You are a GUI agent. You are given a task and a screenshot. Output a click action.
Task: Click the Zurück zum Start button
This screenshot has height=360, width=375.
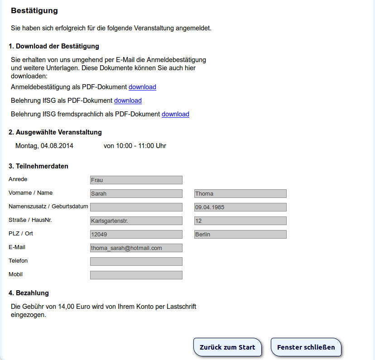227,347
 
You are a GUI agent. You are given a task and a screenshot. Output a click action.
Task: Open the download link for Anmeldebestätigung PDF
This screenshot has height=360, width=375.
142,87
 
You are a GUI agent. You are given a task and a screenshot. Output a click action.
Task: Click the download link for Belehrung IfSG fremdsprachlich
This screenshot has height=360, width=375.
175,114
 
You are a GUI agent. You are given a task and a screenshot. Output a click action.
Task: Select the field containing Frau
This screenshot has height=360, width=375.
136,180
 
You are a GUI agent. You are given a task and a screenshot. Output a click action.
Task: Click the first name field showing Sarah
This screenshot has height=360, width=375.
136,193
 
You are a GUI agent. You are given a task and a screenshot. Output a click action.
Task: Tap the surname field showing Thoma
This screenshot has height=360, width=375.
240,193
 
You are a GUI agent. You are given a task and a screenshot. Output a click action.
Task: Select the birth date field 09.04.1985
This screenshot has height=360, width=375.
240,207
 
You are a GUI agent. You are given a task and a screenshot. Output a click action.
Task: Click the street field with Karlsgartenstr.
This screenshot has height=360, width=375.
136,221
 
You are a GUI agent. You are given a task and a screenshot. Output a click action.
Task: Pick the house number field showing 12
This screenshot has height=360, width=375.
240,221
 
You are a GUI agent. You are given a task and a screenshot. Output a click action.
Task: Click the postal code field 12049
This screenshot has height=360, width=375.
136,234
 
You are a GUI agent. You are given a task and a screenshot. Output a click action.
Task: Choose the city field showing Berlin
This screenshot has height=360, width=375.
240,234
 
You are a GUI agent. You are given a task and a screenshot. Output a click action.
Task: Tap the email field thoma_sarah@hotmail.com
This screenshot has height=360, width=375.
136,248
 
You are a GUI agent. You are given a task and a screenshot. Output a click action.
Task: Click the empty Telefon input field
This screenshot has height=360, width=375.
136,261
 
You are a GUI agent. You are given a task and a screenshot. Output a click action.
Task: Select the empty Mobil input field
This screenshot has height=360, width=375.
136,275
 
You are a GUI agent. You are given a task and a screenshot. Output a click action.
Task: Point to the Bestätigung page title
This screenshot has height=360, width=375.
34,10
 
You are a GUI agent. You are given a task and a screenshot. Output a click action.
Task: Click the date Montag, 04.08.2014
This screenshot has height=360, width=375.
44,146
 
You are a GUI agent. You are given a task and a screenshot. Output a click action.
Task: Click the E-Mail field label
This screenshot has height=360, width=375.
17,247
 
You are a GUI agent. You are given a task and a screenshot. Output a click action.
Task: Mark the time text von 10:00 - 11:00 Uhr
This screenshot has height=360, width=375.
135,146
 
